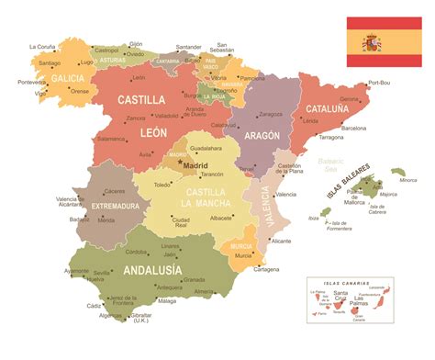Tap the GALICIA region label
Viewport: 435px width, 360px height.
[67, 79]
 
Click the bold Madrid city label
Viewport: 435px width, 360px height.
[195, 165]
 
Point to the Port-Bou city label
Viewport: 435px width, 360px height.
[378, 83]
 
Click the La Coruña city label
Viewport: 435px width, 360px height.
[43, 46]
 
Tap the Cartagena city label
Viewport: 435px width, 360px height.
[266, 269]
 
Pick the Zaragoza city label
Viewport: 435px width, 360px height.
[270, 114]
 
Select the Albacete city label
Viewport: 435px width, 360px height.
[221, 218]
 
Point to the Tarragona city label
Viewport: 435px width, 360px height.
[331, 137]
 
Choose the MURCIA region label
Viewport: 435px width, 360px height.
[241, 247]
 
